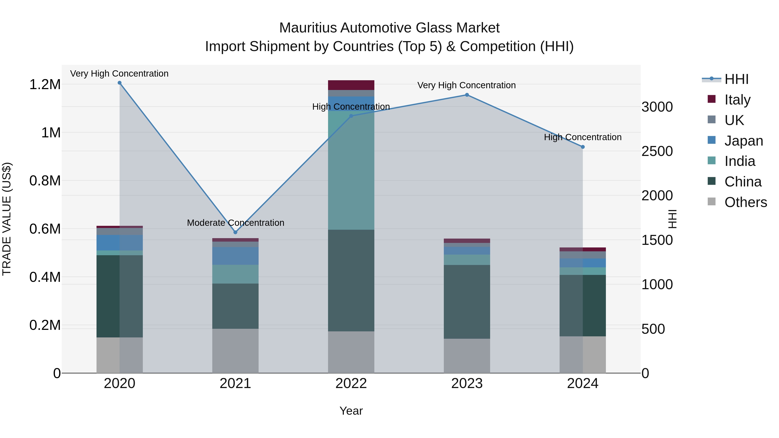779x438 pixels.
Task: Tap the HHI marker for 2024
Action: pos(583,147)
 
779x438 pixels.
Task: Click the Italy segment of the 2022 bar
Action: pos(351,85)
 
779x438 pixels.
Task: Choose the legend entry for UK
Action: pos(734,120)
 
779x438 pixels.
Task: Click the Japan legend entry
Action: pos(744,141)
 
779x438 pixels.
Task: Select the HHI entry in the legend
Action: pos(736,79)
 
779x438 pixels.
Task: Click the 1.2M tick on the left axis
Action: pos(45,85)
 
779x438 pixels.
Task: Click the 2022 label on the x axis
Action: pos(351,383)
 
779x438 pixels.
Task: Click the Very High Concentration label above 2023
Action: pos(466,85)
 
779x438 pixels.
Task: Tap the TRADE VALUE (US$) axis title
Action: pos(7,219)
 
